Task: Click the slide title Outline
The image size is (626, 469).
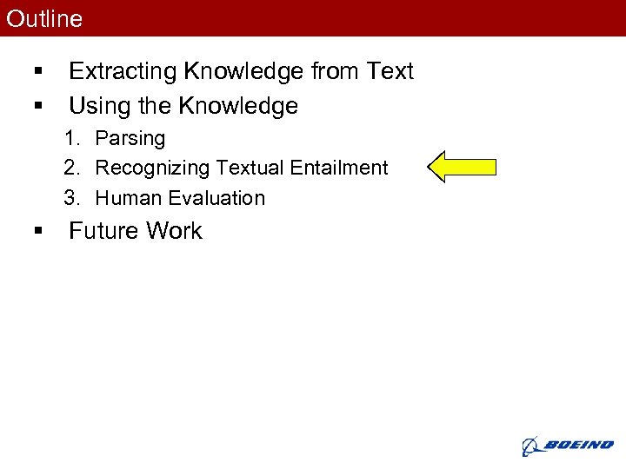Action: coord(44,18)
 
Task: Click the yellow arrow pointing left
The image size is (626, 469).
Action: coord(463,167)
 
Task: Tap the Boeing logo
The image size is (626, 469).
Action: coord(567,446)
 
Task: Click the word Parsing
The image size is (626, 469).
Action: coord(130,139)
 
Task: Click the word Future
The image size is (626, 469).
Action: coord(104,231)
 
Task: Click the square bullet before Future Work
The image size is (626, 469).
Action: coord(37,232)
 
